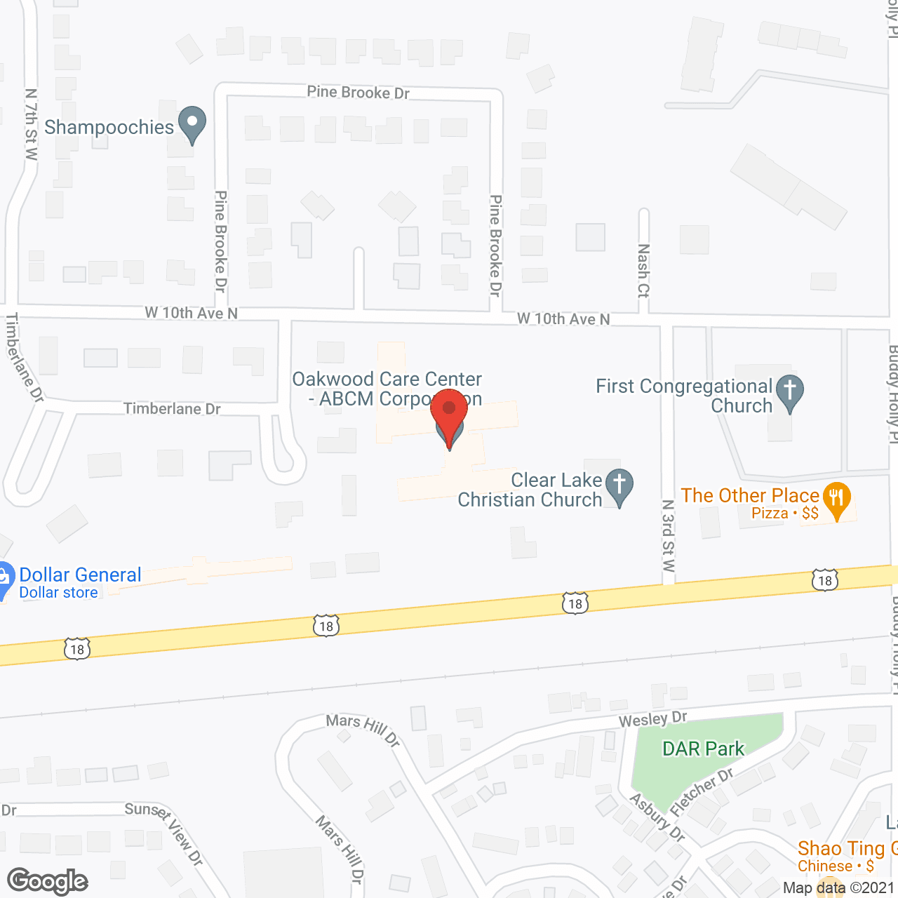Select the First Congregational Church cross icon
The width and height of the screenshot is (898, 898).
(790, 392)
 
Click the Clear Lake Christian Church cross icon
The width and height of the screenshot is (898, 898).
(619, 485)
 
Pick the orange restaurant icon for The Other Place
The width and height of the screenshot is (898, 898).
(836, 500)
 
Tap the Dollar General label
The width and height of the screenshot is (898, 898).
(80, 575)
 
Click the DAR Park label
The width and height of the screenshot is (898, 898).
(703, 749)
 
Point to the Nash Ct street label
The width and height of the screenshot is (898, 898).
(643, 270)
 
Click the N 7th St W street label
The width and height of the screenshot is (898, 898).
(31, 124)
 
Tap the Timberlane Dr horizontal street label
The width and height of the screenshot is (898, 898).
(172, 408)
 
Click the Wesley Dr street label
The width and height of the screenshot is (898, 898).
(652, 719)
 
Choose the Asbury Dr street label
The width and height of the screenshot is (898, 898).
(657, 817)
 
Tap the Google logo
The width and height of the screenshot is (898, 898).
(48, 881)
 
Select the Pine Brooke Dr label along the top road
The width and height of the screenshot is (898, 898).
(358, 92)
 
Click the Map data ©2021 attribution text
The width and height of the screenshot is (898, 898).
(839, 887)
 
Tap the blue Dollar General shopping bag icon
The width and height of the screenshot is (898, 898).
(4, 579)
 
